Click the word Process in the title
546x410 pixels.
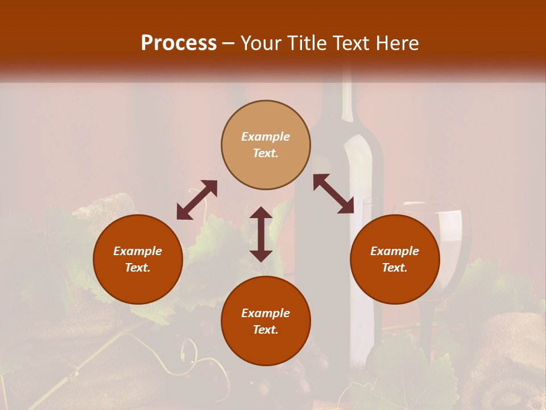click(x=179, y=43)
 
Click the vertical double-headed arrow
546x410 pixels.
click(x=261, y=234)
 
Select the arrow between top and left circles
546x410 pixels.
click(x=197, y=200)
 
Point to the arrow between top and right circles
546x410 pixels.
click(x=334, y=194)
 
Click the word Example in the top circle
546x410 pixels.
click(x=266, y=137)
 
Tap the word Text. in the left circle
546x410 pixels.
click(x=138, y=268)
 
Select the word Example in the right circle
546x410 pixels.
click(x=395, y=251)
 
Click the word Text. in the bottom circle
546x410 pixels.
click(x=266, y=330)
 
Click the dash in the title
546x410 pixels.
click(x=228, y=43)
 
